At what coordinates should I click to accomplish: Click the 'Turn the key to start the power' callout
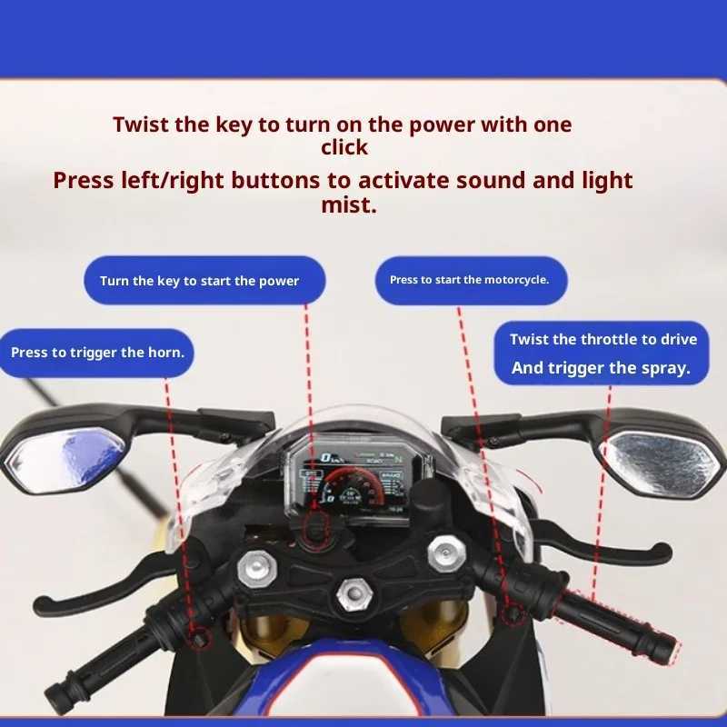(x=199, y=281)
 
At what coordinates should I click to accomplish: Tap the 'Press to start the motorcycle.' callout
(x=469, y=280)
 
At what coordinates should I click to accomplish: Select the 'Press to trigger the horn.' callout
(x=97, y=352)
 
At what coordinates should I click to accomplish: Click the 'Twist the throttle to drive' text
(x=603, y=339)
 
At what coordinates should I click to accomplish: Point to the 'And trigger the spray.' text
(x=601, y=368)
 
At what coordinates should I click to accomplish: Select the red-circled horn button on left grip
(x=197, y=639)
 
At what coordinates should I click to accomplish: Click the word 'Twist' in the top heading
(x=141, y=124)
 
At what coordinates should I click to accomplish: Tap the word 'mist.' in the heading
(x=348, y=205)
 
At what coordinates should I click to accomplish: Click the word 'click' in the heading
(x=344, y=147)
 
